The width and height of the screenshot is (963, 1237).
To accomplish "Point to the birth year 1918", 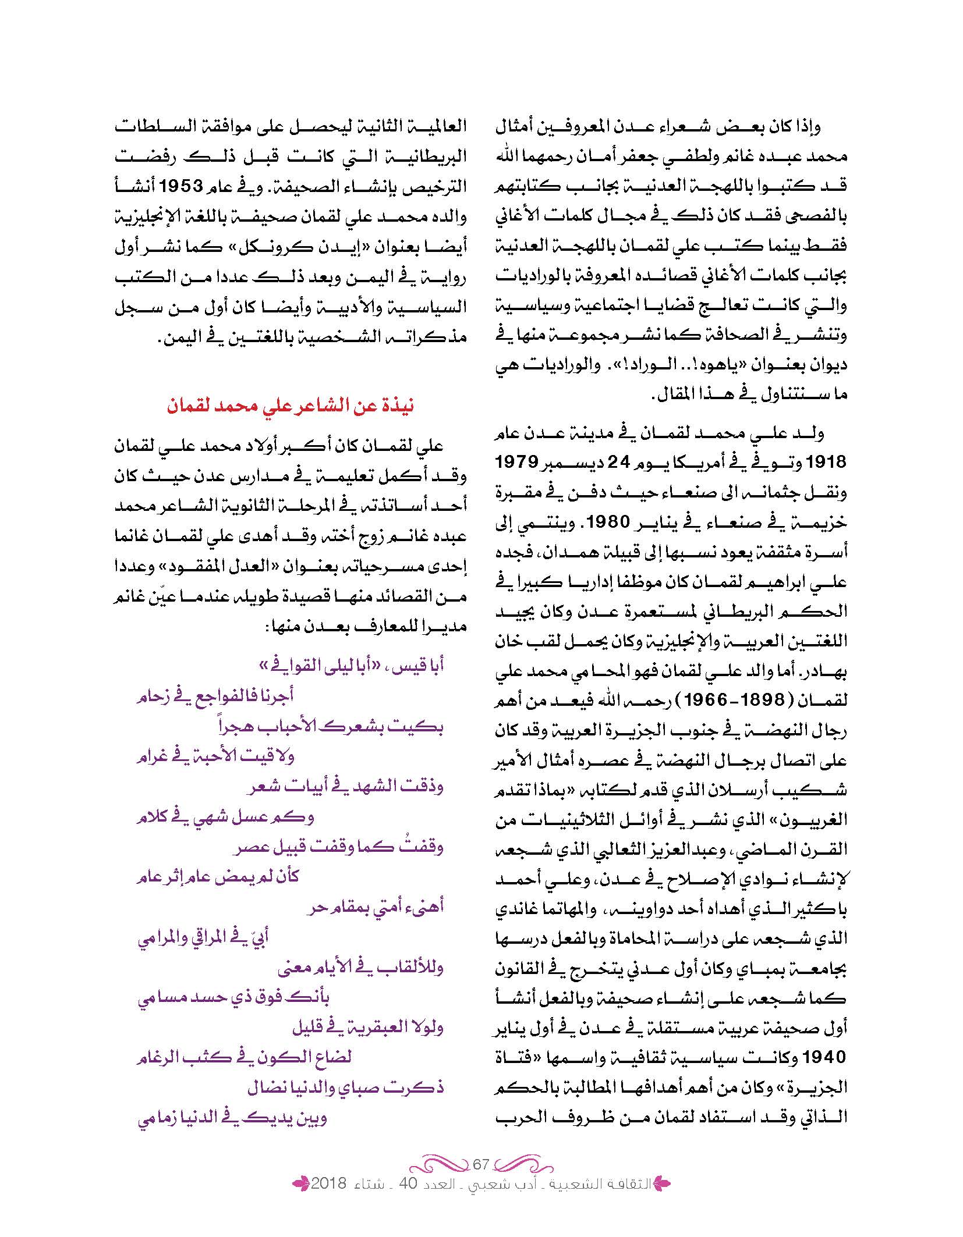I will (822, 463).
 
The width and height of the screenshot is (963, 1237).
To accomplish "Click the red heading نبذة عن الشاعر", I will (290, 405).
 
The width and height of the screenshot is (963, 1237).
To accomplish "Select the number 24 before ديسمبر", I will (618, 463).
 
